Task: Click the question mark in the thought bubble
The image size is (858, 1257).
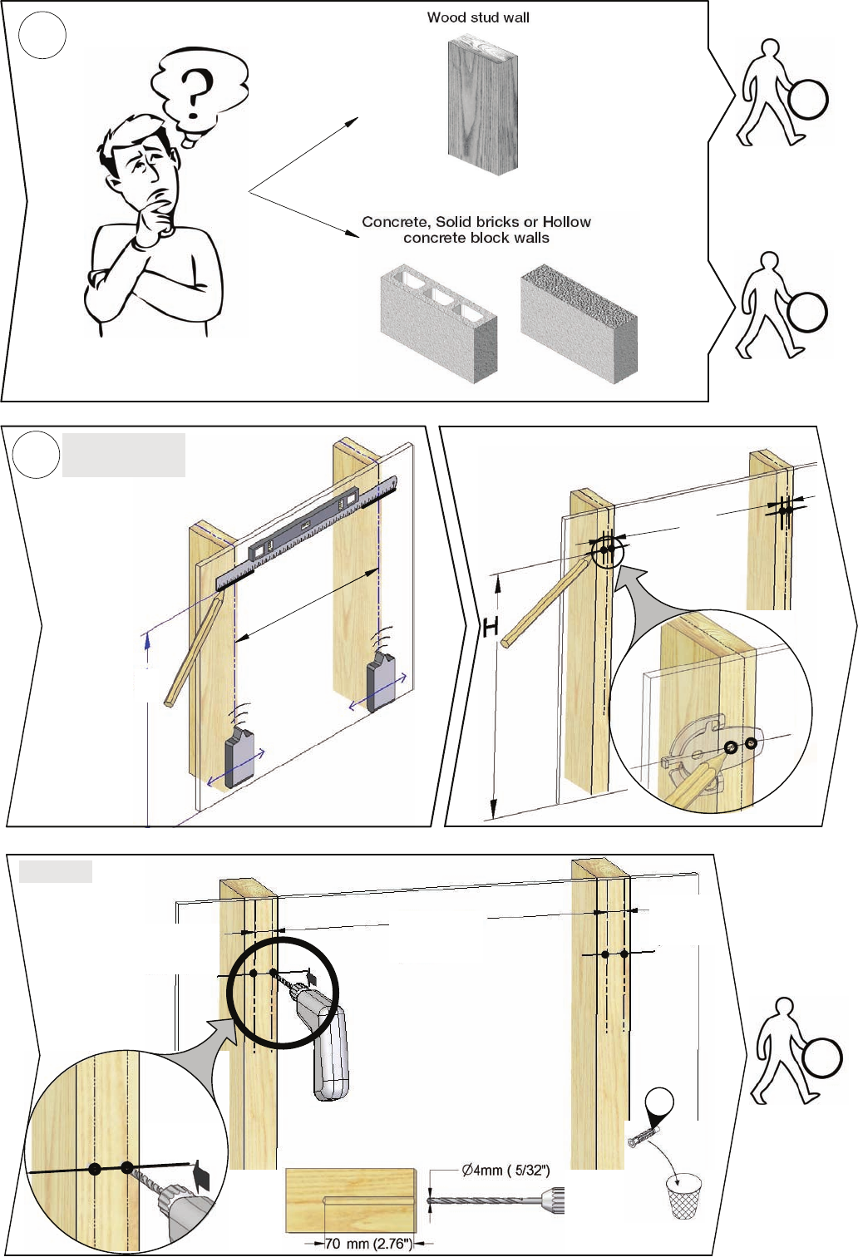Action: (x=195, y=93)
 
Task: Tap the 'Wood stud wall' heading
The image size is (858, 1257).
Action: (x=478, y=17)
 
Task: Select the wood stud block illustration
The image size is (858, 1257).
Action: (x=481, y=105)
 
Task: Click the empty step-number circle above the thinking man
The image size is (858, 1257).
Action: (x=42, y=35)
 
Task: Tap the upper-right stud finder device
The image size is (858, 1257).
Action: (x=382, y=679)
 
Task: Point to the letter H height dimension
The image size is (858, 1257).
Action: (x=491, y=628)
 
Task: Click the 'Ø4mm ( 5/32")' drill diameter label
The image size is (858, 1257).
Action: (x=505, y=1170)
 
